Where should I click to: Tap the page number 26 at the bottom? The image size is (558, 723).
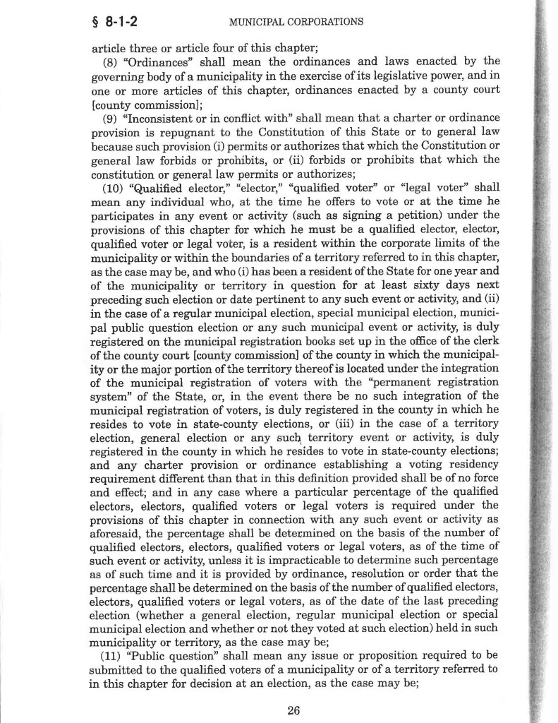pyautogui.click(x=294, y=710)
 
